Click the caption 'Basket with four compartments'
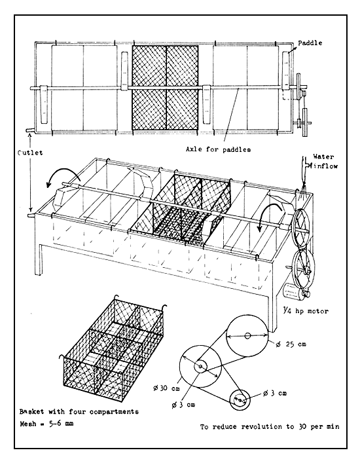pos(84,413)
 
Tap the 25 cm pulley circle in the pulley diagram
pos(247,337)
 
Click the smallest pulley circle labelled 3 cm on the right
pos(240,396)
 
